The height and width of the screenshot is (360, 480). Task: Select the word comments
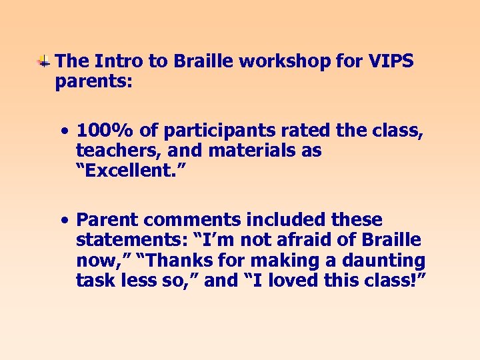click(x=183, y=219)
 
